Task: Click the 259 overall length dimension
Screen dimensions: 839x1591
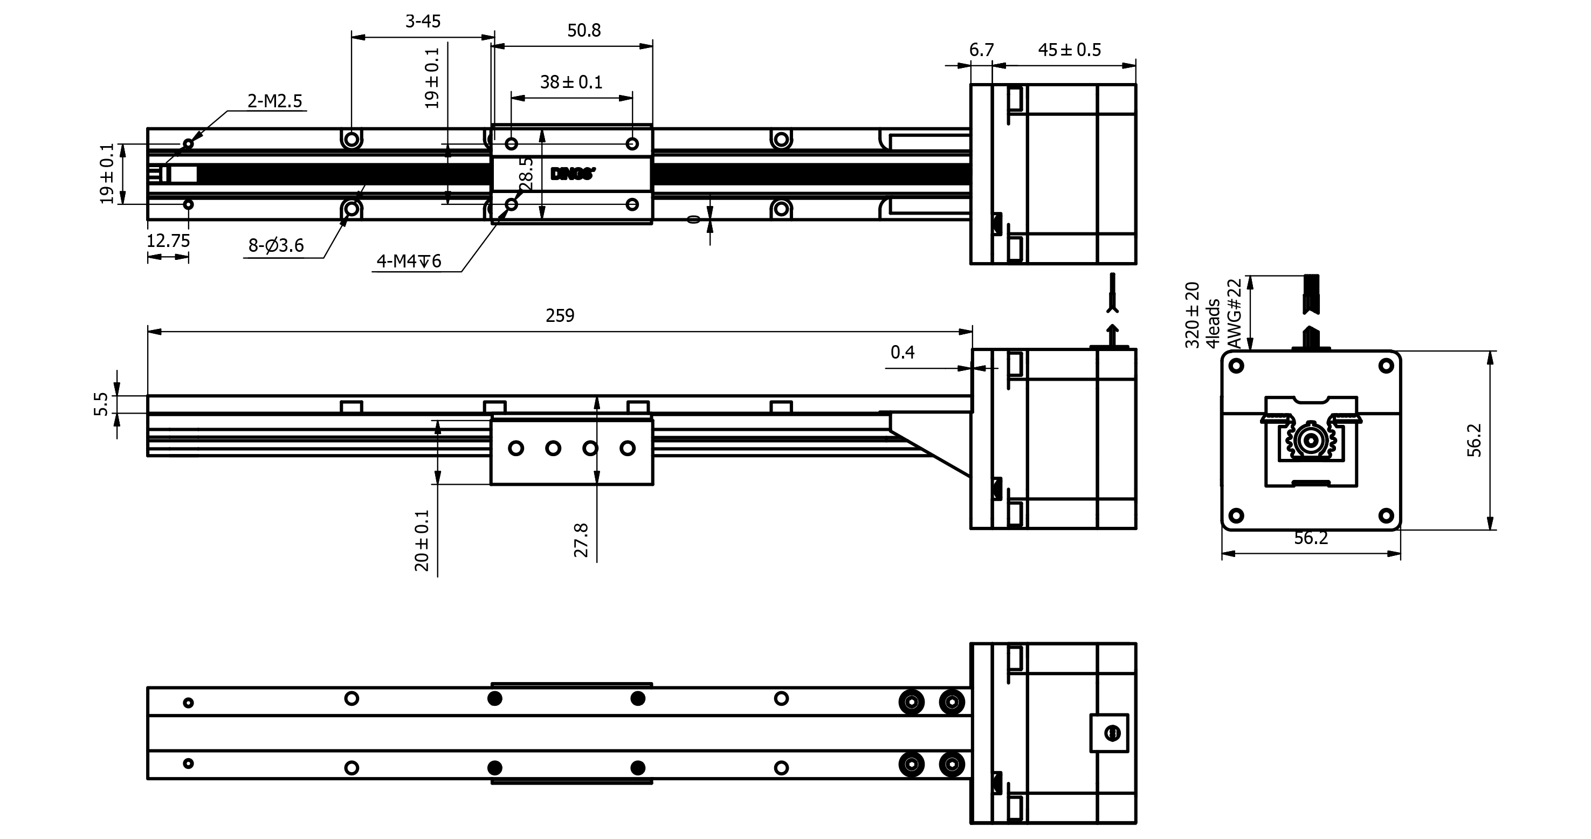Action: pyautogui.click(x=560, y=316)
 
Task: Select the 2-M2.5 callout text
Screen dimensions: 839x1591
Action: pyautogui.click(x=275, y=101)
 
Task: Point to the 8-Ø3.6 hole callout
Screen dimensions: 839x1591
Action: pyautogui.click(x=276, y=246)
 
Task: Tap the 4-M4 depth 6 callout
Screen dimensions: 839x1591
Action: pyautogui.click(x=409, y=262)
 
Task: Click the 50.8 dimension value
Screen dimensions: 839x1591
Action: pyautogui.click(x=584, y=30)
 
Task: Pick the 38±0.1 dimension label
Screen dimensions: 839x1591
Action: pyautogui.click(x=571, y=82)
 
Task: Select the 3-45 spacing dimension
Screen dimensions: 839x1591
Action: pyautogui.click(x=423, y=22)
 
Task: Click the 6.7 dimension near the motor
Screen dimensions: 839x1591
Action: pyautogui.click(x=981, y=50)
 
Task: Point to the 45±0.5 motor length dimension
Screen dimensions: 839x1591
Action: pyautogui.click(x=1069, y=50)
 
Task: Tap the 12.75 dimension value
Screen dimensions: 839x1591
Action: pyautogui.click(x=168, y=241)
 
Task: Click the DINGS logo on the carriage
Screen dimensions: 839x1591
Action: pyautogui.click(x=573, y=174)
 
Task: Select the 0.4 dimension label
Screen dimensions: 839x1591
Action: pyautogui.click(x=903, y=353)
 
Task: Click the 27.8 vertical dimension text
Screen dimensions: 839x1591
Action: pyautogui.click(x=582, y=539)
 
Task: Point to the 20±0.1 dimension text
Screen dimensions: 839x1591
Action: pyautogui.click(x=422, y=540)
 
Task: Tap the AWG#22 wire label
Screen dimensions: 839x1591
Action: pyautogui.click(x=1234, y=314)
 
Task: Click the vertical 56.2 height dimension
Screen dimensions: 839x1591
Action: pyautogui.click(x=1474, y=440)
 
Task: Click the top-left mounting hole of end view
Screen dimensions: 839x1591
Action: pyautogui.click(x=1236, y=366)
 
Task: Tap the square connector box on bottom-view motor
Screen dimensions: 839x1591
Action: pyautogui.click(x=1109, y=733)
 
